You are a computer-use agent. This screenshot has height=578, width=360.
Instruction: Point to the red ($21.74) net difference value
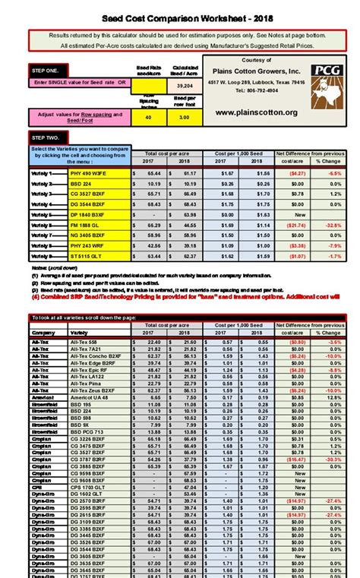click(298, 226)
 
